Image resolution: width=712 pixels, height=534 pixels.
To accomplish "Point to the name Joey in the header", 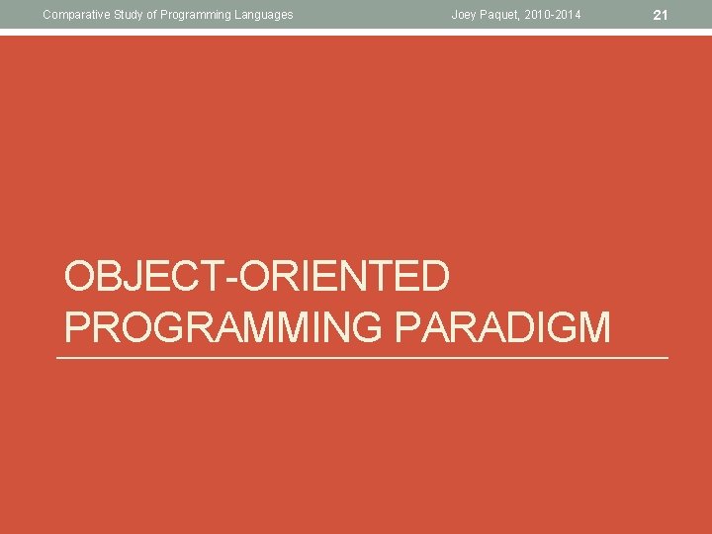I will click(464, 14).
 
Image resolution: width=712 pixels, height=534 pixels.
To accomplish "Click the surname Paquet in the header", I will click(500, 14).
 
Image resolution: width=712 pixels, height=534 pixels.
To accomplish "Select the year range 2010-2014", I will click(554, 14).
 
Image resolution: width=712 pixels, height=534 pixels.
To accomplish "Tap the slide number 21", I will click(663, 14).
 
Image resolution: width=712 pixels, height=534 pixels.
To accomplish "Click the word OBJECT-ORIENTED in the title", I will click(257, 278).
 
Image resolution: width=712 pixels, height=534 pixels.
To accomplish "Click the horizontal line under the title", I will click(362, 357).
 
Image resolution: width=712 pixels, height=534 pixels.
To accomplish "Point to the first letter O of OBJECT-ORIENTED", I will click(80, 278).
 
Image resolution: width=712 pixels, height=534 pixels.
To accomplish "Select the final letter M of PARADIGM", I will click(594, 326).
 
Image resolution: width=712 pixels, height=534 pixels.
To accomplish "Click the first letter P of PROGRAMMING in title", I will click(78, 326).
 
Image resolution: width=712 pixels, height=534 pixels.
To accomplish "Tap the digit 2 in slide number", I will click(659, 14).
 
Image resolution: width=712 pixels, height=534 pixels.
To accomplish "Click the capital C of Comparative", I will click(46, 14).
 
